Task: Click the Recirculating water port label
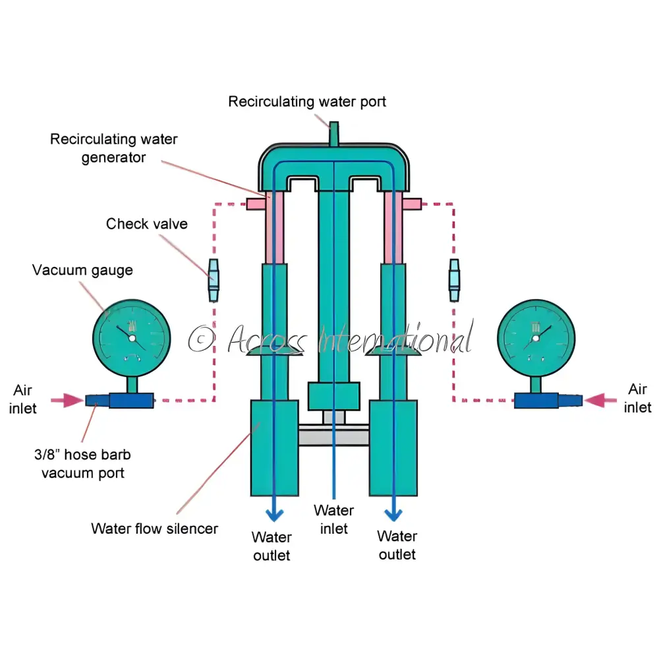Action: (307, 101)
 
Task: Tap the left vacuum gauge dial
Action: (132, 338)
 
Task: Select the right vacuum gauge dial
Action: (536, 338)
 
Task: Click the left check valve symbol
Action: (214, 280)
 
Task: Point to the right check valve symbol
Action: (454, 280)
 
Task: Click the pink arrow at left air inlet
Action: (73, 400)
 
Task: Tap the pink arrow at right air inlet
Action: (596, 399)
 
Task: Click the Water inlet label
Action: (333, 519)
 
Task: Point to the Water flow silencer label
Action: (154, 528)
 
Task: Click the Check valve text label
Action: (146, 223)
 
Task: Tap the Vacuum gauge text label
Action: (82, 270)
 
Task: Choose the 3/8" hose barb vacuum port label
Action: (83, 463)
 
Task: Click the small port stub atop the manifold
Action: (334, 132)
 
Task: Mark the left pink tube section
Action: (274, 227)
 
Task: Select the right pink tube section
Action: (394, 227)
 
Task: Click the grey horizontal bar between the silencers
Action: (333, 436)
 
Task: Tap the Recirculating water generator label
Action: (113, 149)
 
